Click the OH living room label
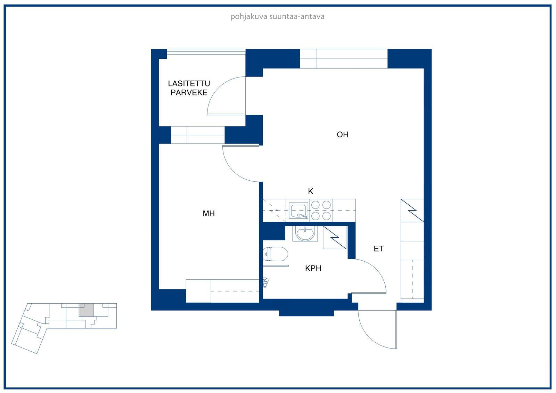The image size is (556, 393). (x=343, y=134)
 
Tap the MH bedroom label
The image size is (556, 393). (x=208, y=213)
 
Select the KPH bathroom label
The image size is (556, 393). (x=313, y=268)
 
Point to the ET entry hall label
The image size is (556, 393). (x=378, y=248)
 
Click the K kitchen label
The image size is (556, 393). (x=310, y=191)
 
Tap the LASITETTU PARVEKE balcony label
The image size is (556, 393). (x=189, y=88)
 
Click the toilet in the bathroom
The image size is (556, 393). (x=275, y=254)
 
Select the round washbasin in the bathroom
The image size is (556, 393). (x=305, y=234)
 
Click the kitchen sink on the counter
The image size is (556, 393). (x=299, y=211)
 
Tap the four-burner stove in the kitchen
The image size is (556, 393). (x=321, y=211)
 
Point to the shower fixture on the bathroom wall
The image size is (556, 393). (x=265, y=282)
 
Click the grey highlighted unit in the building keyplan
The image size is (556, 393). (x=86, y=310)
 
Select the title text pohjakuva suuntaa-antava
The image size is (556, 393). (x=278, y=17)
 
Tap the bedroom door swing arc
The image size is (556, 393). (x=233, y=171)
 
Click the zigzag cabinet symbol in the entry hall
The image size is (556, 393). (x=412, y=211)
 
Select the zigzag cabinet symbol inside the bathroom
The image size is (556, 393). (x=335, y=238)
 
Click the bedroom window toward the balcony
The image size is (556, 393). (x=198, y=135)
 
